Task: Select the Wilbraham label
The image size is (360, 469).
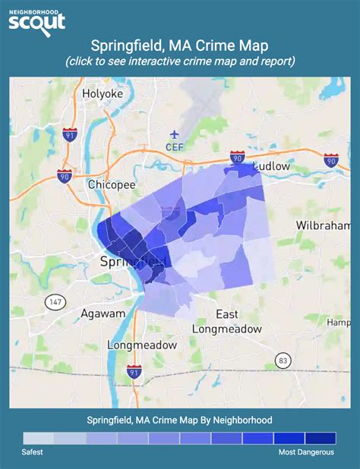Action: [x=324, y=226]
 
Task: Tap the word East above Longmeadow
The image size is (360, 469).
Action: [x=227, y=314]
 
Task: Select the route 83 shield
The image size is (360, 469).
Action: [x=282, y=359]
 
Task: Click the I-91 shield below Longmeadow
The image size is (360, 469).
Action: [x=134, y=373]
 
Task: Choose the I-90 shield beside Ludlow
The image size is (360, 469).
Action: [x=237, y=157]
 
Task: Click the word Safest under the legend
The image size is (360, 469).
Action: [x=33, y=452]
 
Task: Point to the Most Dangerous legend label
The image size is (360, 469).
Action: [x=305, y=452]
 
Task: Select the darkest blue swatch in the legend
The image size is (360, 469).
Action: [x=320, y=438]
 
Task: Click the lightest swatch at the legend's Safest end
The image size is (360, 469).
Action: [x=39, y=438]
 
